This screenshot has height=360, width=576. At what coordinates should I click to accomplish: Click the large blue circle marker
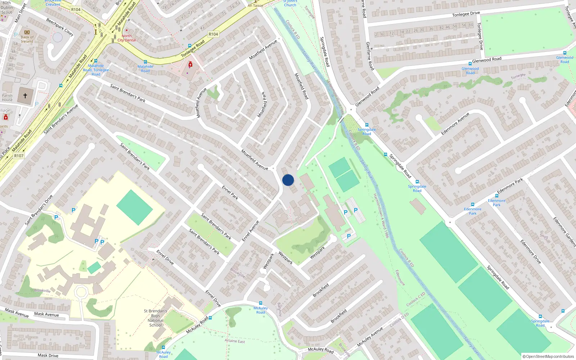(x=288, y=180)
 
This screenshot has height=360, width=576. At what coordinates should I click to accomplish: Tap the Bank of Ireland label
(x=27, y=39)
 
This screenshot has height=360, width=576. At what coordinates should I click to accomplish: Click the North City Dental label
(x=127, y=38)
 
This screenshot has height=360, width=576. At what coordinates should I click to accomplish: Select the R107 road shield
(x=19, y=156)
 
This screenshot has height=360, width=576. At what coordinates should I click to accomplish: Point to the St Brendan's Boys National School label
(x=156, y=318)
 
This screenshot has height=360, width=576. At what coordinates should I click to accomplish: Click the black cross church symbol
(x=25, y=96)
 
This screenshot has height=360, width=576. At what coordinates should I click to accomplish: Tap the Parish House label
(x=7, y=98)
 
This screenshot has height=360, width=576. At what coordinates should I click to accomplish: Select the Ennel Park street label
(x=230, y=193)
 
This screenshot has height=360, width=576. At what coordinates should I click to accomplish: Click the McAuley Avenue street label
(x=370, y=337)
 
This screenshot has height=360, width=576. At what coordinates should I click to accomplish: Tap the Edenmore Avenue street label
(x=455, y=124)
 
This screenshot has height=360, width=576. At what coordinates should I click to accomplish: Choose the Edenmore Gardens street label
(x=564, y=232)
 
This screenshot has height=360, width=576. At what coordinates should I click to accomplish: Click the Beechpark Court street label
(x=60, y=27)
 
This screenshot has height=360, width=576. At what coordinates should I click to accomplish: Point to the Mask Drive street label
(x=48, y=355)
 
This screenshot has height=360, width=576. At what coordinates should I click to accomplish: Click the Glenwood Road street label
(x=487, y=59)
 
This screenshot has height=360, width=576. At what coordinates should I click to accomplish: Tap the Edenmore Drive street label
(x=531, y=252)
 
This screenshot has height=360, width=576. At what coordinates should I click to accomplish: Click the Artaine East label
(x=235, y=341)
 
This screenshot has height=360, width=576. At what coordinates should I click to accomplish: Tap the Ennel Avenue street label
(x=251, y=231)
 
